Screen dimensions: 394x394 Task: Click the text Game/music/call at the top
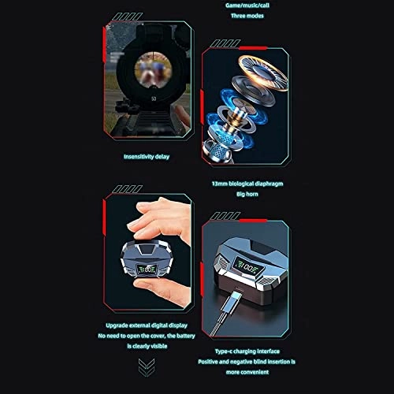[x=245, y=6]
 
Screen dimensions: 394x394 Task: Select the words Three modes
[x=245, y=17]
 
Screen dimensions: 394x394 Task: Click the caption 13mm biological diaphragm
[x=245, y=184]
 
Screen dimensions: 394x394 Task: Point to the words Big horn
[x=245, y=195]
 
